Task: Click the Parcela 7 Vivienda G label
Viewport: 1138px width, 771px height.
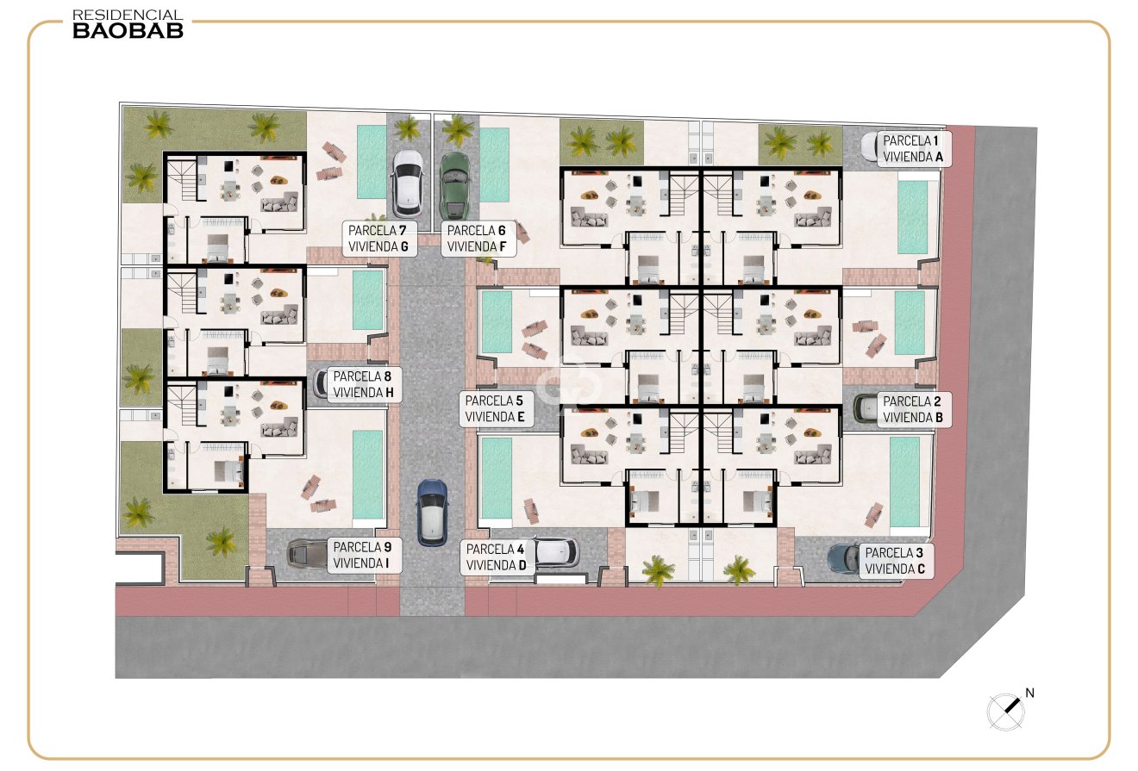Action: point(379,239)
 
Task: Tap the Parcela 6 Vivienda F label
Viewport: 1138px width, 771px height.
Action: point(478,239)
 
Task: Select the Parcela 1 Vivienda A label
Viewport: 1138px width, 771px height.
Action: point(914,149)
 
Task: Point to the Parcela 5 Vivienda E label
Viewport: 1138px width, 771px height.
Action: point(496,409)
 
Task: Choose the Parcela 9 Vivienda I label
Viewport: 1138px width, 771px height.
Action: point(364,556)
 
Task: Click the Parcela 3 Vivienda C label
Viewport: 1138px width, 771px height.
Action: point(896,561)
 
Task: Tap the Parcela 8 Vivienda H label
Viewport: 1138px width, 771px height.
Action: point(364,385)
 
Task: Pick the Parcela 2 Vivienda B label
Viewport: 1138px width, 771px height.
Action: point(914,409)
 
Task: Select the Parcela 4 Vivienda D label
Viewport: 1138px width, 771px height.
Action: point(497,557)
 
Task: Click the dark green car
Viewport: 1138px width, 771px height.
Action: point(454,185)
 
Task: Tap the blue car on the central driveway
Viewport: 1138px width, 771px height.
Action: point(432,513)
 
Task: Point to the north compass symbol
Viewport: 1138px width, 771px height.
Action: point(1005,712)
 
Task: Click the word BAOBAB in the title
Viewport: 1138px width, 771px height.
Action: point(128,31)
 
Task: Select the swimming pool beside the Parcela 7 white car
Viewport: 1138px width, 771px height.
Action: point(372,162)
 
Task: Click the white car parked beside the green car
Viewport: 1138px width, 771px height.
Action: point(408,183)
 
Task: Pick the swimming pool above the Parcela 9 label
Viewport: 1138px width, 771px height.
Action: point(367,476)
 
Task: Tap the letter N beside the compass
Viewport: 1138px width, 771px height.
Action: point(1029,693)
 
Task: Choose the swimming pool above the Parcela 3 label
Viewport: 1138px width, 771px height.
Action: point(905,482)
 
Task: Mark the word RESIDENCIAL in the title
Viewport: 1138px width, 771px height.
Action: point(128,16)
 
